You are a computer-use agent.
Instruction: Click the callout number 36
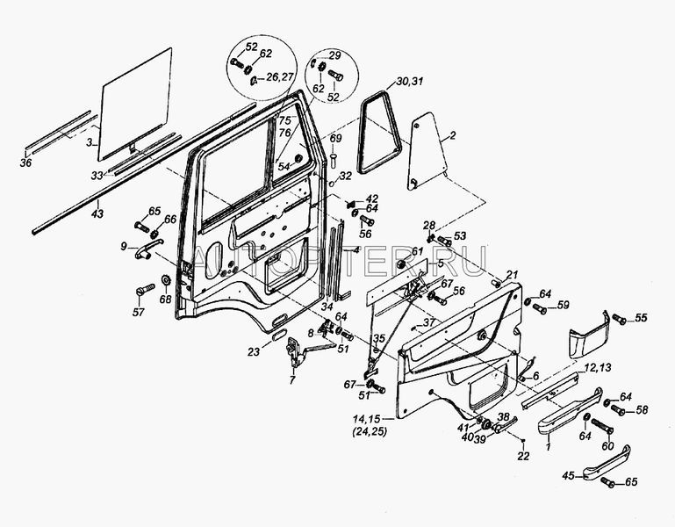click(x=25, y=162)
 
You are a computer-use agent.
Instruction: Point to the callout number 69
click(x=336, y=139)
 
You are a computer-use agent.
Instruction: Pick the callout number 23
click(x=253, y=352)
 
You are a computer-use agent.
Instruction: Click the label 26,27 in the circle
click(x=280, y=78)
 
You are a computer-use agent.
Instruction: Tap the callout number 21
click(x=513, y=275)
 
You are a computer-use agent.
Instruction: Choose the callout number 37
click(x=429, y=322)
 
